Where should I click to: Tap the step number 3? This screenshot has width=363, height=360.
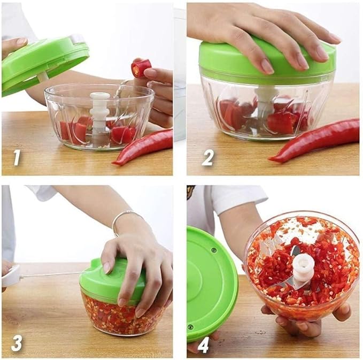pos(17,342)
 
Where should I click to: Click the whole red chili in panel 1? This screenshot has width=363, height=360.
pos(143,147)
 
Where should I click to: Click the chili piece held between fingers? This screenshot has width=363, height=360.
pos(141,68)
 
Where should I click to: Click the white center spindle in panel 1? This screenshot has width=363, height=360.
pos(99,112)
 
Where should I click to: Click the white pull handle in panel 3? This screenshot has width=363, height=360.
pos(11,276)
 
